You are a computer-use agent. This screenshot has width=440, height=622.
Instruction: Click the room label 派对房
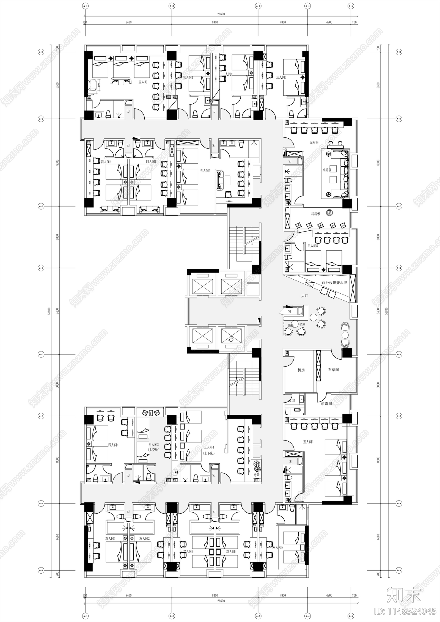point(314,143)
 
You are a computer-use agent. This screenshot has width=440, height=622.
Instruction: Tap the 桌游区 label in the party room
point(327,170)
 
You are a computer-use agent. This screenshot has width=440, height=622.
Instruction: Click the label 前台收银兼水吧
point(334,282)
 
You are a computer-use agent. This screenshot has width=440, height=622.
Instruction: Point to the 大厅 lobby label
point(305,296)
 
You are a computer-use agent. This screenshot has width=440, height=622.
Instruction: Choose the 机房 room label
point(301,370)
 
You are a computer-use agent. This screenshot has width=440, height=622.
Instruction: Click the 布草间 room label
point(333,370)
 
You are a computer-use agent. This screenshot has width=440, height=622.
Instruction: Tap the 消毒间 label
point(326,403)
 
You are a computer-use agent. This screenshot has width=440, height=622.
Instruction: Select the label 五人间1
point(144,82)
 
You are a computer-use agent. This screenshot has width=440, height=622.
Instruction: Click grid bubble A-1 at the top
point(86,6)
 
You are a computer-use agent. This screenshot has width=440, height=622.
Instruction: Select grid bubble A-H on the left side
point(41,52)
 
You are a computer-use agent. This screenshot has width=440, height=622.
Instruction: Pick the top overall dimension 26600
point(221,14)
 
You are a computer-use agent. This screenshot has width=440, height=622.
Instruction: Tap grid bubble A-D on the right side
point(399,354)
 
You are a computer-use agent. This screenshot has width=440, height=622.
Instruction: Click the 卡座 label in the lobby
point(302,325)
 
